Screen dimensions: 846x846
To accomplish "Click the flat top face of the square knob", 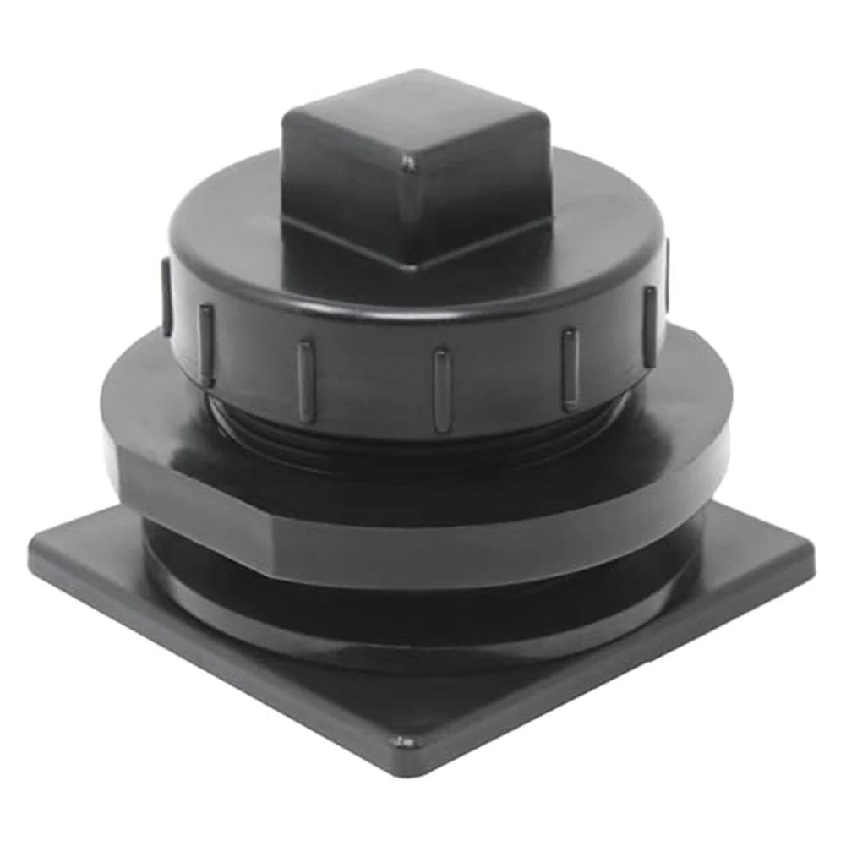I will (x=414, y=118).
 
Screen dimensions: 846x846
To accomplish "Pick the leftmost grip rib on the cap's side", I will (x=166, y=296).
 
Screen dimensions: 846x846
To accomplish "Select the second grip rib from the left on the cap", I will (x=205, y=342).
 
